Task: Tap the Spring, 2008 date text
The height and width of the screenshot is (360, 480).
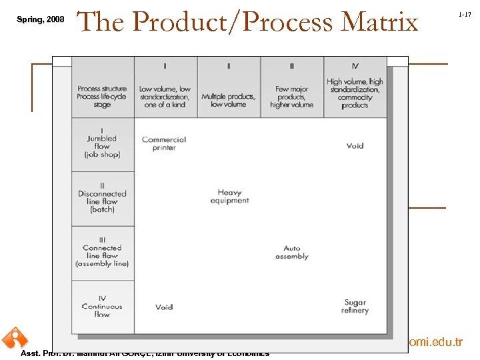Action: point(41,19)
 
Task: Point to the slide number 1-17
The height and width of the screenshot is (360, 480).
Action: point(465,14)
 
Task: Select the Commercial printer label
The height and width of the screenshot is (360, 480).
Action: point(164,143)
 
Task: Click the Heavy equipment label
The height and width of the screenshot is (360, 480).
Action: point(229,196)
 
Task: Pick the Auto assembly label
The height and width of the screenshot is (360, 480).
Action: point(292,252)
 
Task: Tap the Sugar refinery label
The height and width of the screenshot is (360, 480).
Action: point(355,307)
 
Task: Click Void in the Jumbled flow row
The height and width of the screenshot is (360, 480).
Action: point(355,145)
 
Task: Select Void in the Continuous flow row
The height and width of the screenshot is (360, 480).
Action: point(164,307)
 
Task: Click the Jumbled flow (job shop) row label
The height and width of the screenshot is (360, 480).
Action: point(102,147)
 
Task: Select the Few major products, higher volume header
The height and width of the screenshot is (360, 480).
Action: point(291,97)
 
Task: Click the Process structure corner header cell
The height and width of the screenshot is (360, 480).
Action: point(102,96)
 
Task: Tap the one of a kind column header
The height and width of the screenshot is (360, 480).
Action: point(165,97)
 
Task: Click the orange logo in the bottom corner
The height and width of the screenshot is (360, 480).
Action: point(13,338)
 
